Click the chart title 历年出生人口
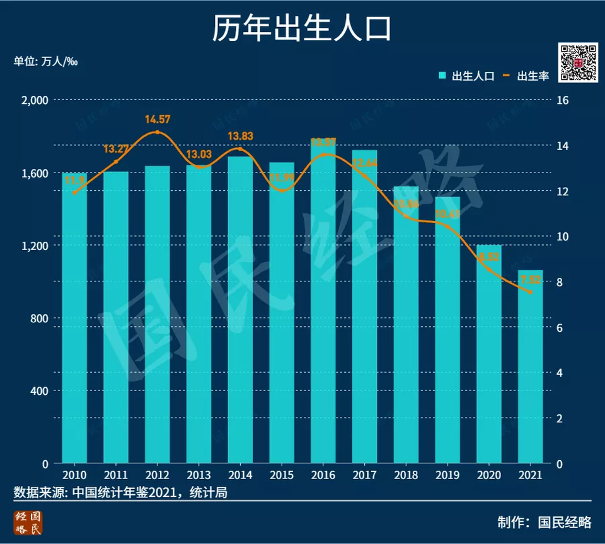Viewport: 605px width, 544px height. click(x=302, y=29)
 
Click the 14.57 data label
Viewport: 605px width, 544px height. click(x=158, y=119)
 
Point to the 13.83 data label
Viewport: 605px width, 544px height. click(x=240, y=136)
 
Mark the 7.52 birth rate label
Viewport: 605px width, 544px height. click(x=531, y=280)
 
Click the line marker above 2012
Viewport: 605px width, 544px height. click(x=158, y=132)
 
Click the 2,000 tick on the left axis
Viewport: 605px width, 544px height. click(x=35, y=100)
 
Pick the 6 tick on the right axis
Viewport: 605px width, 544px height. click(x=560, y=327)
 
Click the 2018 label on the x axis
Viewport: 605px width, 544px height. click(x=406, y=475)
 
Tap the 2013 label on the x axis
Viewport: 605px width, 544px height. click(x=199, y=475)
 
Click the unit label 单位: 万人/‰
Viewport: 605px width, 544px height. click(x=45, y=62)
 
